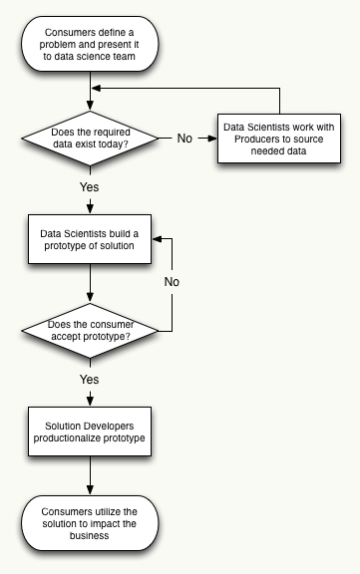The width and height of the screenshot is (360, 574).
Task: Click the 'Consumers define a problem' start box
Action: click(x=91, y=46)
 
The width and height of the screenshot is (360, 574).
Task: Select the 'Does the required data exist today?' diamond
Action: click(x=91, y=138)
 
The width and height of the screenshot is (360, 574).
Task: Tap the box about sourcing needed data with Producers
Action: click(x=279, y=138)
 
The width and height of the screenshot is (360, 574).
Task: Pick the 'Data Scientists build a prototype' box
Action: click(x=91, y=240)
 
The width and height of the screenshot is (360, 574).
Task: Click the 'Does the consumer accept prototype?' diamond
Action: click(x=91, y=331)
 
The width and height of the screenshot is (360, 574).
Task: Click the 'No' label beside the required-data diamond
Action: click(x=185, y=138)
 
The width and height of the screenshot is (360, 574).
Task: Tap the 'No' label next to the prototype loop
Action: click(x=172, y=282)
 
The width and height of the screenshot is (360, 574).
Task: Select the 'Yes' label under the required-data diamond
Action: click(x=90, y=186)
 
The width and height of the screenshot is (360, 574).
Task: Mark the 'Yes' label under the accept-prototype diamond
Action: click(x=90, y=380)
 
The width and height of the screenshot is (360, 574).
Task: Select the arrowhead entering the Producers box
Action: click(x=212, y=138)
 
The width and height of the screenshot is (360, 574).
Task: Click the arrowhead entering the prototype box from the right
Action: click(x=155, y=240)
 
